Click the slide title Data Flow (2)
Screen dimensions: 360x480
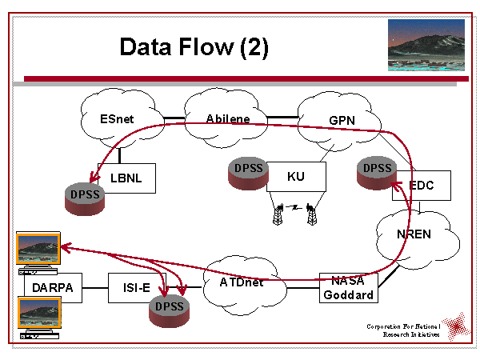click(194, 46)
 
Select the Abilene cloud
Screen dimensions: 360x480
click(227, 119)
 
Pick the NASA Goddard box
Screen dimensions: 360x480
click(347, 286)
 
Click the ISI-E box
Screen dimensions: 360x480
click(136, 287)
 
